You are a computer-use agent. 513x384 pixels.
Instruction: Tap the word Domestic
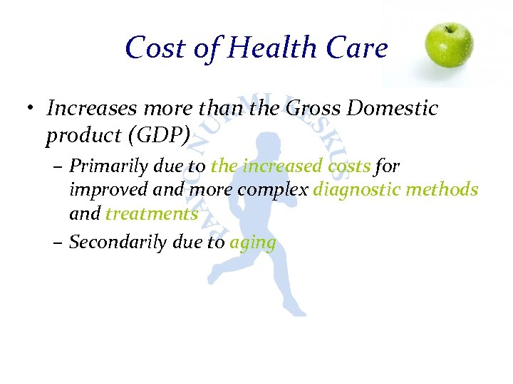pyautogui.click(x=393, y=108)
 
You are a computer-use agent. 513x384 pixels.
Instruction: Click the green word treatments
pyautogui.click(x=152, y=213)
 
